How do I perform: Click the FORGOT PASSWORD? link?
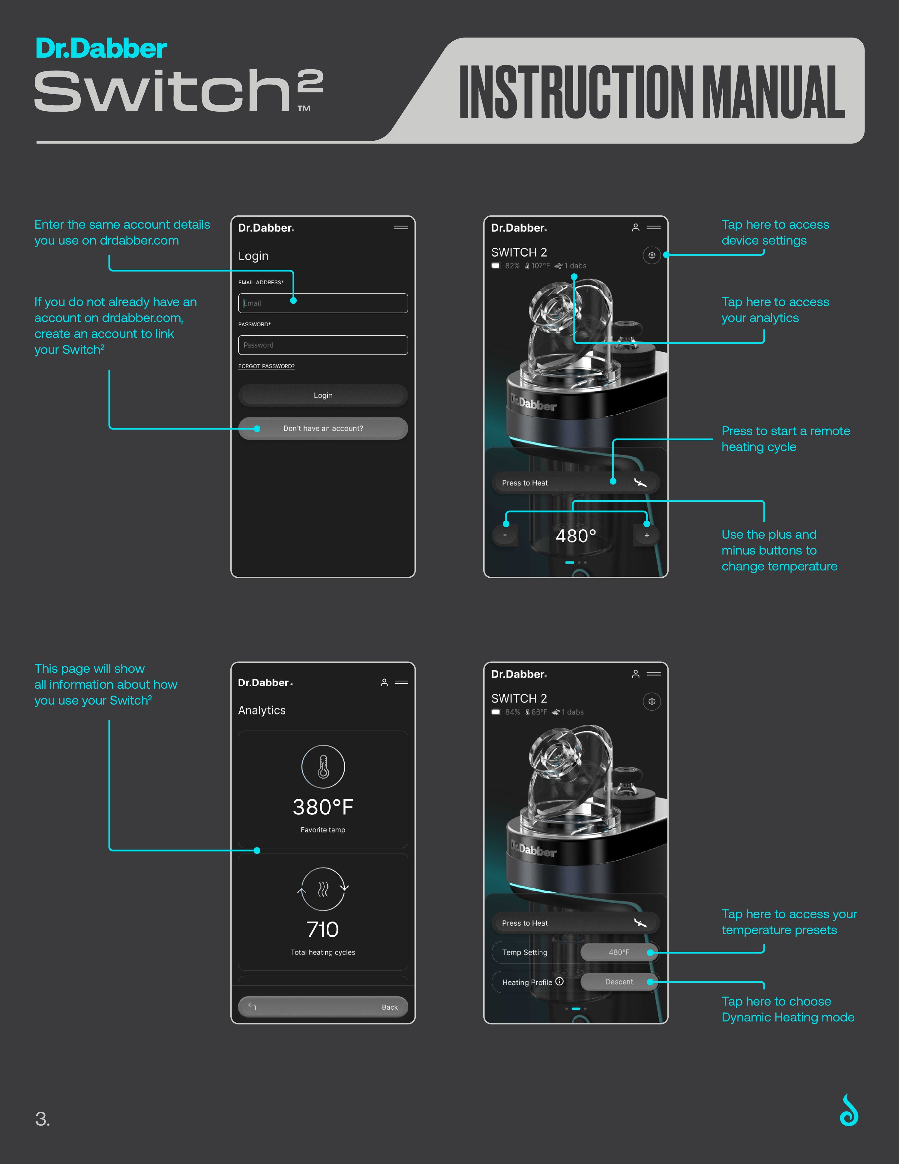[266, 366]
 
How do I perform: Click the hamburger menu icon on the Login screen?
[401, 227]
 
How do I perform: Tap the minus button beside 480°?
[505, 535]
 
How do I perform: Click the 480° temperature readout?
[576, 536]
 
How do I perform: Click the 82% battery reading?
[512, 266]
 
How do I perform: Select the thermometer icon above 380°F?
[323, 766]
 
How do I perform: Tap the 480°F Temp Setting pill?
[619, 952]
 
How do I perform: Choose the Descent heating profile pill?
[619, 982]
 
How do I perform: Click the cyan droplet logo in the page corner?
[849, 1111]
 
